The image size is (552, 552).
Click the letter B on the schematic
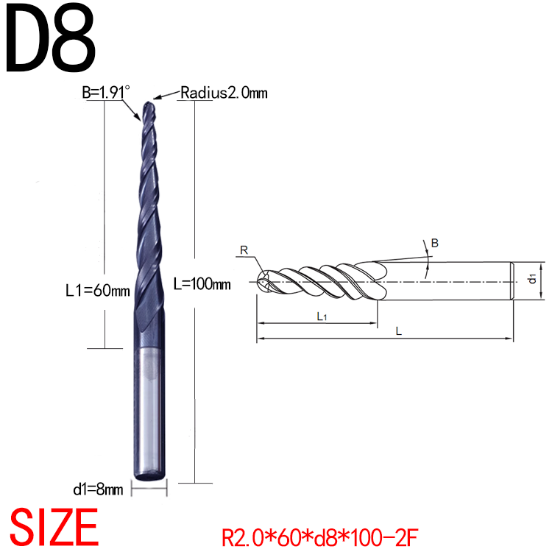[434, 243]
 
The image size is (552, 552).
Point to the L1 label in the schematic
[322, 316]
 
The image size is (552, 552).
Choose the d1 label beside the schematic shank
[531, 278]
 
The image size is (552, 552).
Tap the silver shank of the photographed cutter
[152, 412]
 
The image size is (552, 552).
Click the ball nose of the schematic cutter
[264, 280]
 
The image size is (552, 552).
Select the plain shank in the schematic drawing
[449, 280]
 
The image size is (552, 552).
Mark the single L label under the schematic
[397, 331]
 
